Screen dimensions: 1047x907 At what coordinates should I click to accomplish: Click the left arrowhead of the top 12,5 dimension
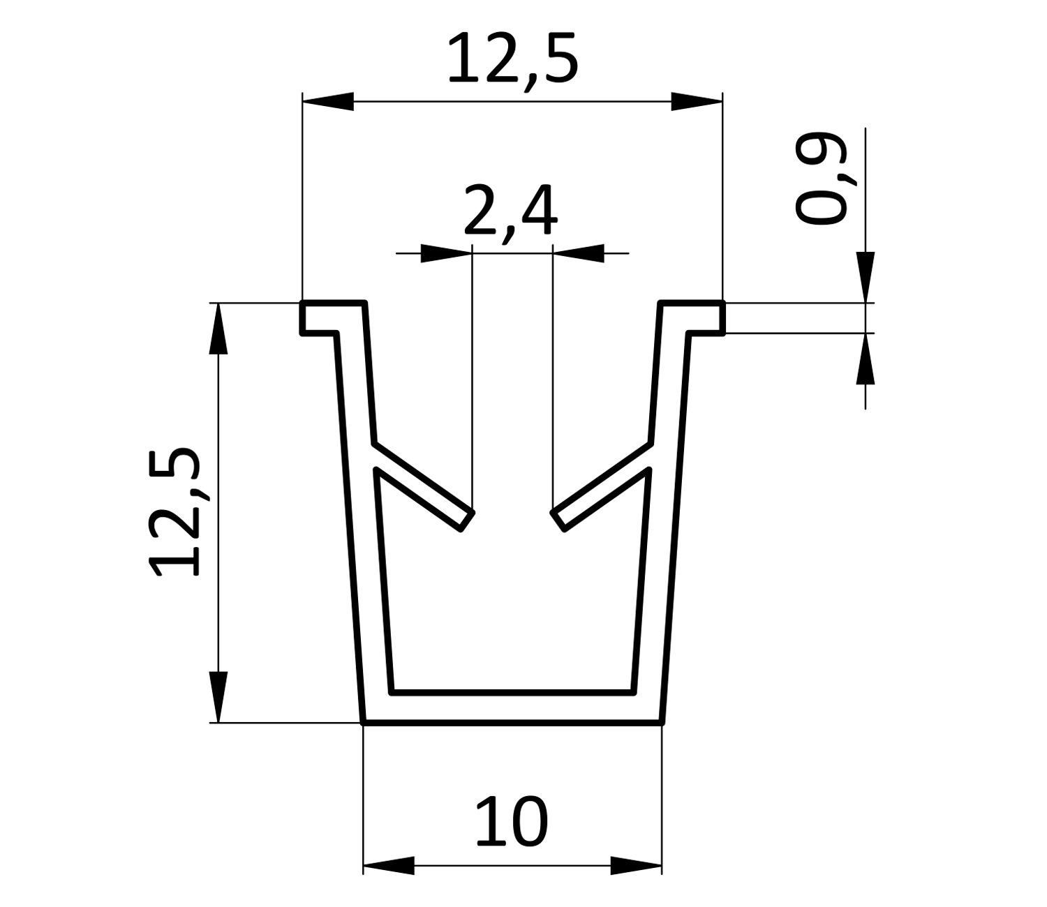pyautogui.click(x=328, y=101)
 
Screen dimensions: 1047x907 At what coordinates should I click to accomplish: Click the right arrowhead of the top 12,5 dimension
pyautogui.click(x=697, y=101)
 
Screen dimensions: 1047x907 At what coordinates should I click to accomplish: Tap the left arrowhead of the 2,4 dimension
pyautogui.click(x=446, y=253)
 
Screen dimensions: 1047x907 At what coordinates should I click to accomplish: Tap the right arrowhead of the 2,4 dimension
pyautogui.click(x=579, y=253)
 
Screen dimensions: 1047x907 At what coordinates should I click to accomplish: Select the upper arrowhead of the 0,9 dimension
pyautogui.click(x=865, y=277)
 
